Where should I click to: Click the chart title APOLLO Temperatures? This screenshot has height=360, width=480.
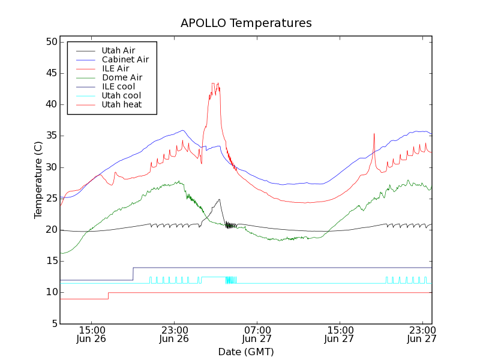(246, 23)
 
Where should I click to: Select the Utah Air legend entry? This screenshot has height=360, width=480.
(118, 50)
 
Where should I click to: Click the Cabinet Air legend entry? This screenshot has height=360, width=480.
(125, 59)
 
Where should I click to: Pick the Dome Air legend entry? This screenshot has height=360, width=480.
(122, 77)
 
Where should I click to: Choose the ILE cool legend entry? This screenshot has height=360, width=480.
(118, 86)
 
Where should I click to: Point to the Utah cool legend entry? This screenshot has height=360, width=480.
(121, 95)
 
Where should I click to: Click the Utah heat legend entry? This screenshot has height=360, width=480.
(121, 104)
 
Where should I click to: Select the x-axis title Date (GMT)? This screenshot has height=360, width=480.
(246, 352)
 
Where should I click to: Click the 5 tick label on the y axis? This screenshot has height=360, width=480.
(53, 324)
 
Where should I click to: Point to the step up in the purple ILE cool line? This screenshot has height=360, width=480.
(133, 274)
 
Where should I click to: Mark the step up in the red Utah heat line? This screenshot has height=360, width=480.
(108, 296)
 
